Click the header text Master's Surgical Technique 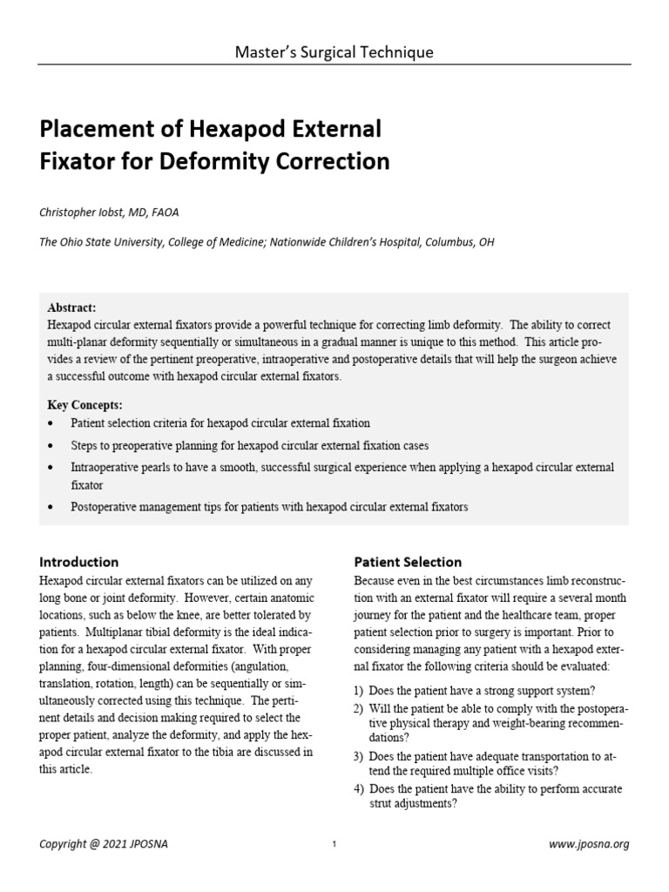coord(334,52)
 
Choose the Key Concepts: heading coord(84,405)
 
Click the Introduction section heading coord(79,562)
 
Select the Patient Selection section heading coord(408,562)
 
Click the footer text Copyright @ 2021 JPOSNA coord(95,844)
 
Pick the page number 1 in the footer coord(334,845)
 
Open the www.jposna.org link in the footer coord(589,844)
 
